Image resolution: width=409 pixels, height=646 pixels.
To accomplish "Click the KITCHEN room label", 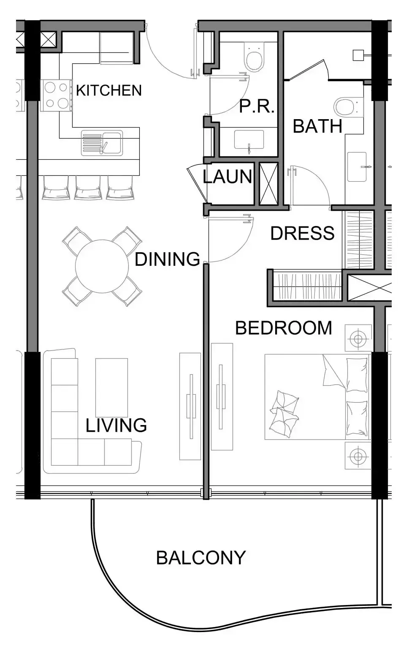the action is pyautogui.click(x=109, y=90).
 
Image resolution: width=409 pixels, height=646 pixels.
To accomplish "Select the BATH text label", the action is pyautogui.click(x=317, y=126).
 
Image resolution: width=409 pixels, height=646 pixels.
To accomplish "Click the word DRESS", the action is pyautogui.click(x=303, y=233).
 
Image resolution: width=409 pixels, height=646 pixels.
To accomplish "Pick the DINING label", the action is pyautogui.click(x=167, y=259).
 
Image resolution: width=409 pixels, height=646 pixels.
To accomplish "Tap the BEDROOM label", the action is pyautogui.click(x=284, y=328).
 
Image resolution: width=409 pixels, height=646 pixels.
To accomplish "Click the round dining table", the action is pyautogui.click(x=102, y=266).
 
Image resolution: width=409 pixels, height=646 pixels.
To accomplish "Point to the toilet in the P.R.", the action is pyautogui.click(x=254, y=56).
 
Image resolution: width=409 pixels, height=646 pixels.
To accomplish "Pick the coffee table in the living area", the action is pyautogui.click(x=111, y=387).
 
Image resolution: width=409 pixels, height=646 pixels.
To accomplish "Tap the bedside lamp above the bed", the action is pyautogui.click(x=358, y=338).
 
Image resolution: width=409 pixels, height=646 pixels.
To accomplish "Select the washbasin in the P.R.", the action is pyautogui.click(x=249, y=140).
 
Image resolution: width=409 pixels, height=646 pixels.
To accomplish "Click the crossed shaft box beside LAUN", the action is pyautogui.click(x=268, y=184).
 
